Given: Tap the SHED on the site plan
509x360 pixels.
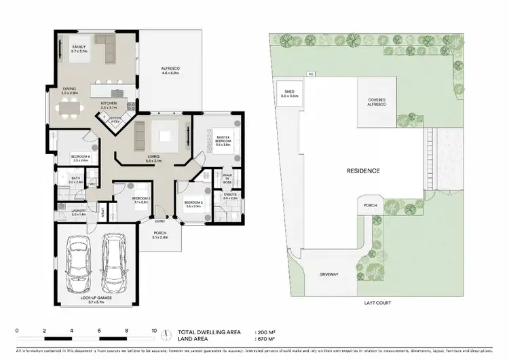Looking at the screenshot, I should coord(289,94).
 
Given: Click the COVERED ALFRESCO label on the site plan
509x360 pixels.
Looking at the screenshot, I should coord(377,101).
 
